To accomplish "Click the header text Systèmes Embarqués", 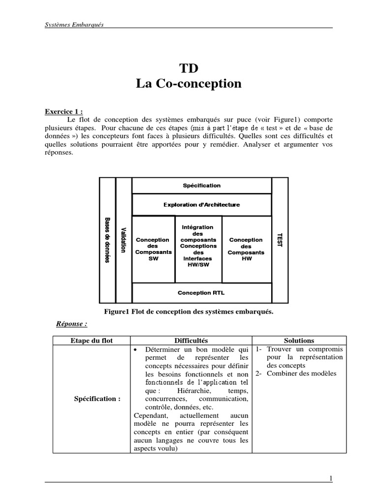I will click(74, 25).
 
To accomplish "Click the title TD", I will click(189, 68).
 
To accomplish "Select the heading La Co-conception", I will click(189, 84).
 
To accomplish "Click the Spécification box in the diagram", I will click(202, 186).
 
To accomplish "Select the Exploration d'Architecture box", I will click(202, 205).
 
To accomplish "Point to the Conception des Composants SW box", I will click(154, 249).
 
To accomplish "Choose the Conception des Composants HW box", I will click(246, 249).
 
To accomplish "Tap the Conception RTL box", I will click(202, 292).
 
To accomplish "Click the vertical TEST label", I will click(280, 240).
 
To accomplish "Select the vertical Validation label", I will click(124, 240).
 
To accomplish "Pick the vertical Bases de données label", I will click(107, 240).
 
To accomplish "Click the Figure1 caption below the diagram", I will click(189, 312).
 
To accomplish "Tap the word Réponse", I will click(71, 323).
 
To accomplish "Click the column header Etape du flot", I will click(92, 340).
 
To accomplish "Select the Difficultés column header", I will click(191, 340).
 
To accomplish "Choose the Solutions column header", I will click(299, 340).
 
